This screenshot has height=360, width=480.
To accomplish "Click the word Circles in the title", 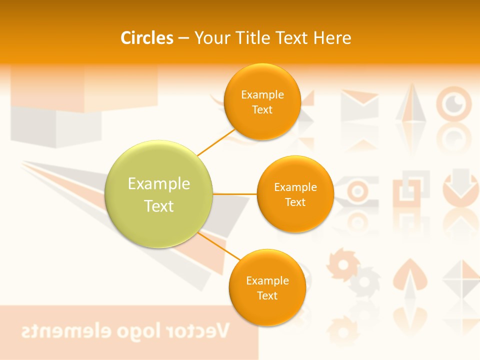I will click(x=147, y=38).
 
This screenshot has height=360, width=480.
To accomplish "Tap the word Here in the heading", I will click(x=332, y=38).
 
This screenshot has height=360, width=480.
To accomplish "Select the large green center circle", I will click(x=159, y=194).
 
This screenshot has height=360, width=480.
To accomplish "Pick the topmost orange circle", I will click(x=262, y=102).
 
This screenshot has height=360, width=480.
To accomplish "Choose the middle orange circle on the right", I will click(x=295, y=194).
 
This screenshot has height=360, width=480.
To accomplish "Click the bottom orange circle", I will click(x=267, y=288).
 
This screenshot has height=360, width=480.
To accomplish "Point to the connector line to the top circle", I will click(x=217, y=142).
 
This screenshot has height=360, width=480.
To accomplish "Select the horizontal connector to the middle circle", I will click(x=235, y=193).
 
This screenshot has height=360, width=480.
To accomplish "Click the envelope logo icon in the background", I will click(x=359, y=105).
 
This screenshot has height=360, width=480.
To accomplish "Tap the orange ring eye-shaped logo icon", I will click(x=454, y=104).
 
